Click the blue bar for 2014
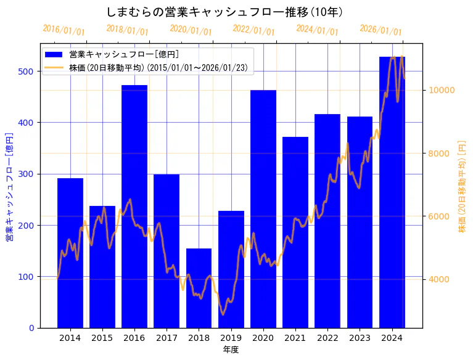pos(70,253)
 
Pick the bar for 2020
pos(263,209)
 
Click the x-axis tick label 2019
pos(231,338)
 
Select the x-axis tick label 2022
pos(327,338)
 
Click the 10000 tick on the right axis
pos(442,90)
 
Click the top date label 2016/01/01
pos(64,30)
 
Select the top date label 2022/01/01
pos(253,30)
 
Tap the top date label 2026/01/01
pos(380,30)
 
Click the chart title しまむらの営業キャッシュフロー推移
pos(224,12)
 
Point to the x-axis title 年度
pos(231,350)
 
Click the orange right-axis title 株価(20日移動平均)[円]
pos(462,186)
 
